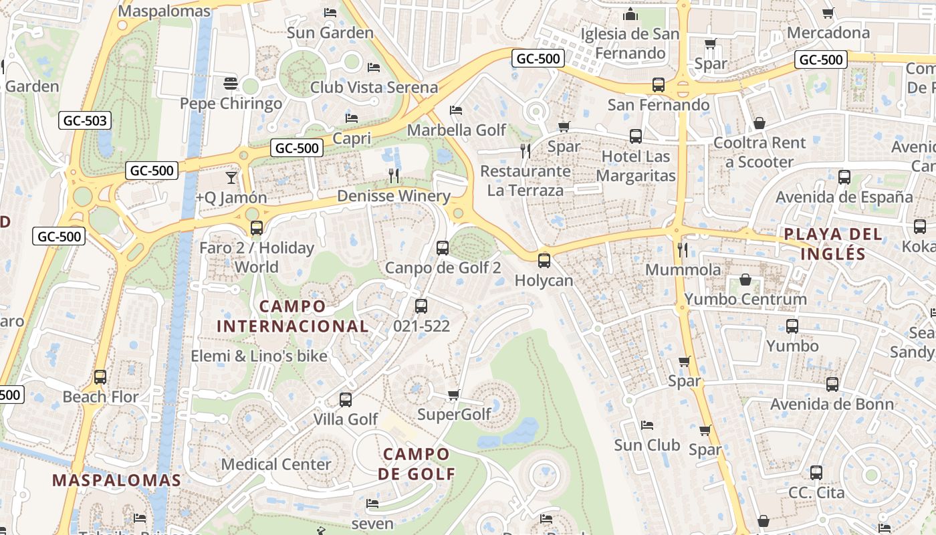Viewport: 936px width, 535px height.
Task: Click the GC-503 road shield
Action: point(85,121)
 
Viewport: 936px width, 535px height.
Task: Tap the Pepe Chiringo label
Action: point(231,104)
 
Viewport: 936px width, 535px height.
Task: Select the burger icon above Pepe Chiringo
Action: point(231,84)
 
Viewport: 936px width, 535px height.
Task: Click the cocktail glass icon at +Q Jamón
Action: point(231,177)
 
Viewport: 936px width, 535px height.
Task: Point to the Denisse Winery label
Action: point(394,196)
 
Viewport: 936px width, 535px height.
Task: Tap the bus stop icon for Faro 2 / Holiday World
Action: point(257,228)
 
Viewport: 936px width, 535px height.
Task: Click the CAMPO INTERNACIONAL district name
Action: point(292,316)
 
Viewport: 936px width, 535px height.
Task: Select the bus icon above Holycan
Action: point(544,260)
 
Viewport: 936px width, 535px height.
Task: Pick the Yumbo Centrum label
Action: point(745,299)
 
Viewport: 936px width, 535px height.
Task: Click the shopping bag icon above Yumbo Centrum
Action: point(745,280)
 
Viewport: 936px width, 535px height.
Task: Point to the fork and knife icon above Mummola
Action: point(683,250)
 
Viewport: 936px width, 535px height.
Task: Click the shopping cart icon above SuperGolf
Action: point(453,395)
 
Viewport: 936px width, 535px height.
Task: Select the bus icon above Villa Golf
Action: point(346,400)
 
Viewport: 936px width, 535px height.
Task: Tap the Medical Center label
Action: point(276,464)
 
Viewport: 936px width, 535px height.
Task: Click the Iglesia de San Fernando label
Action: point(630,43)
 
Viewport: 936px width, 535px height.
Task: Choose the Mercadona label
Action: point(828,32)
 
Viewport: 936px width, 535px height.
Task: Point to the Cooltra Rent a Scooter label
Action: point(759,152)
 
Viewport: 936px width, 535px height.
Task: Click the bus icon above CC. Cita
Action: point(816,473)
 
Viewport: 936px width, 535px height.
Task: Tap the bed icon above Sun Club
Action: point(647,425)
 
